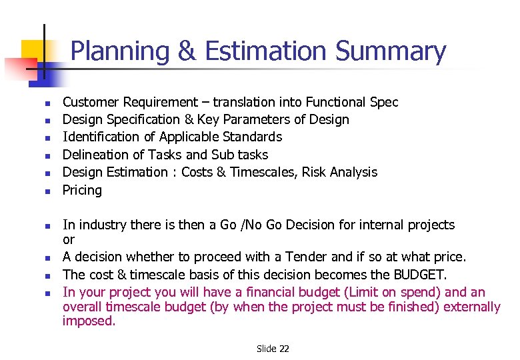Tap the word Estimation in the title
click(267, 51)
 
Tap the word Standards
click(252, 137)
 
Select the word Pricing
click(82, 190)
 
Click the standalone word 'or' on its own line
click(69, 239)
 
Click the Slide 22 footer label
click(273, 349)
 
